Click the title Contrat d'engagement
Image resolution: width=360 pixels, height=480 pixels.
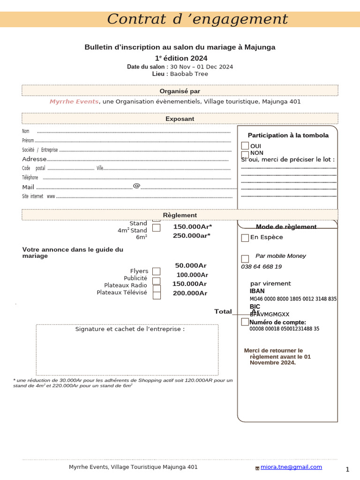[197, 19]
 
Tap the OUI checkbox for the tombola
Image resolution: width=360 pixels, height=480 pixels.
[245, 146]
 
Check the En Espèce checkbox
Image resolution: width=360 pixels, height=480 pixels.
[245, 238]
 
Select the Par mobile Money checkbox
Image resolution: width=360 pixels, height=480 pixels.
[245, 259]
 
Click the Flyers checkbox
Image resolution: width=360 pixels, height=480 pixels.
[156, 271]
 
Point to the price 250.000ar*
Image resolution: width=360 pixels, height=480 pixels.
[192, 235]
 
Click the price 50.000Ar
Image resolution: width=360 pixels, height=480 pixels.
[191, 265]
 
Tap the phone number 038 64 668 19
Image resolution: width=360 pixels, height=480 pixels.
[261, 267]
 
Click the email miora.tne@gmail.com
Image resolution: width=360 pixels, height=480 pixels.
[291, 467]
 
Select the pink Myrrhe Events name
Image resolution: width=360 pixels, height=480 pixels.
[74, 102]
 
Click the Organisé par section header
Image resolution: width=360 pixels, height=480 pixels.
[180, 91]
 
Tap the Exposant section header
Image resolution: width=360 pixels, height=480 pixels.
[180, 119]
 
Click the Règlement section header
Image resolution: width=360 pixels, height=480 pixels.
[180, 215]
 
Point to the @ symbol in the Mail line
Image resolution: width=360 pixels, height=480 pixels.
[136, 186]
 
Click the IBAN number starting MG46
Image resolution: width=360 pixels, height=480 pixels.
[293, 299]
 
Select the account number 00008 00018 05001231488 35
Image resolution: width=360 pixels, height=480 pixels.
[284, 329]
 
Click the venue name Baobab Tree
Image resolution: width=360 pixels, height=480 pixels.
[189, 74]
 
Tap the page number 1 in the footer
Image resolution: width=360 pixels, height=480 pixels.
[347, 469]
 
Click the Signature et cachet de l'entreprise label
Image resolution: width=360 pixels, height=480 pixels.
[130, 329]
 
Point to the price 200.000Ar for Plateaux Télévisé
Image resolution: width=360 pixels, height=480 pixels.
[190, 293]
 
